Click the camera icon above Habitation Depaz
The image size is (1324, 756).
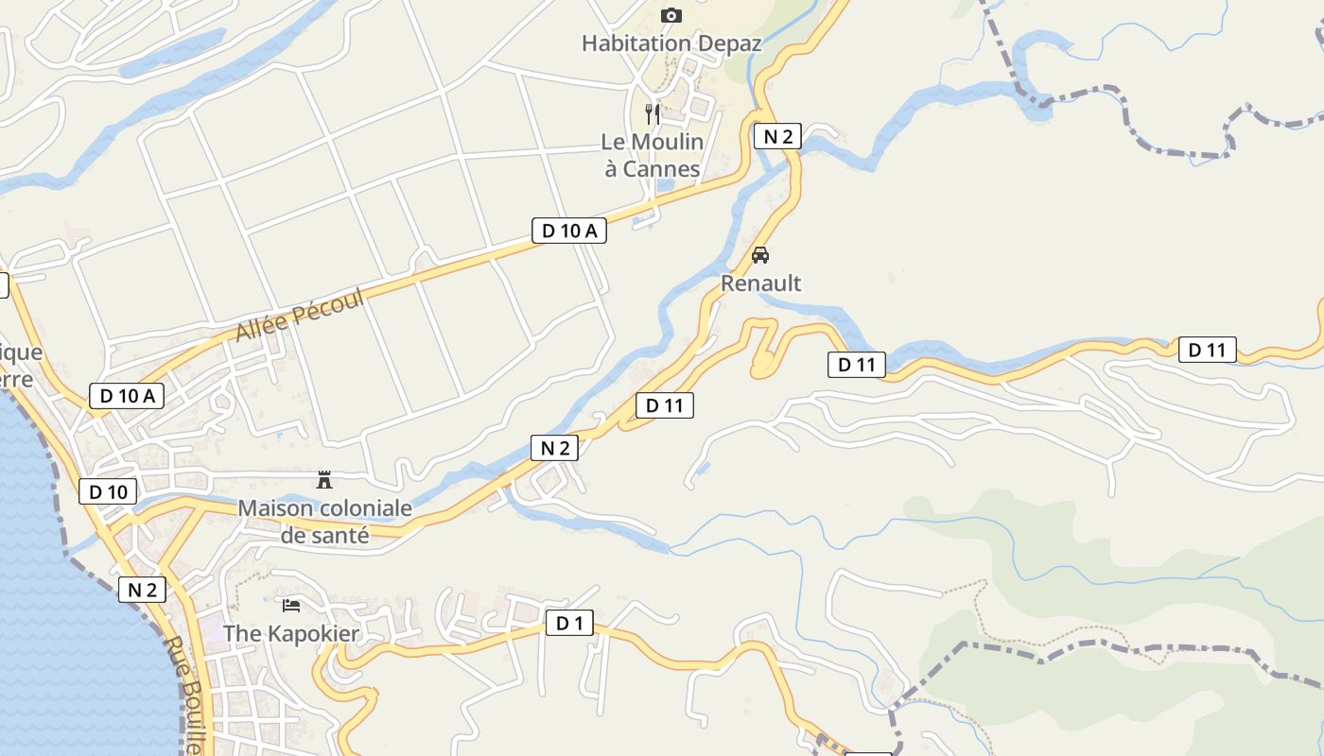[x=671, y=15]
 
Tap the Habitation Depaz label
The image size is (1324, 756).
[x=671, y=43]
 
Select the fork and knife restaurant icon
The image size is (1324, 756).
[x=652, y=114]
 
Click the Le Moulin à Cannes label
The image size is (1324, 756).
[x=653, y=155]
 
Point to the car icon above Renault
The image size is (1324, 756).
[x=760, y=255]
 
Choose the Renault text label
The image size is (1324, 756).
[x=760, y=283]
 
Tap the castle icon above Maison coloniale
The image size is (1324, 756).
[x=324, y=480]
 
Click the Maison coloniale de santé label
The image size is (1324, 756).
[x=324, y=521]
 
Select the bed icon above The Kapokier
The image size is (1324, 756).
[x=291, y=605]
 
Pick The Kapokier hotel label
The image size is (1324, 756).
[x=291, y=633]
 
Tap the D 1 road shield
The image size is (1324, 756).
[x=569, y=624]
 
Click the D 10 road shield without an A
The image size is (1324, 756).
[x=108, y=491]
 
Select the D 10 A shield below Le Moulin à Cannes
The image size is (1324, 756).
[x=568, y=231]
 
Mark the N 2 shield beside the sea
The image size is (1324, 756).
[x=142, y=591]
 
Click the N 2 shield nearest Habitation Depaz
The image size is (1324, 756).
[x=777, y=136]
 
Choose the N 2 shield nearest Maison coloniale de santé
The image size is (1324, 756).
[x=554, y=448]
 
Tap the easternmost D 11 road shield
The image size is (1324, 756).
[x=1207, y=350]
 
